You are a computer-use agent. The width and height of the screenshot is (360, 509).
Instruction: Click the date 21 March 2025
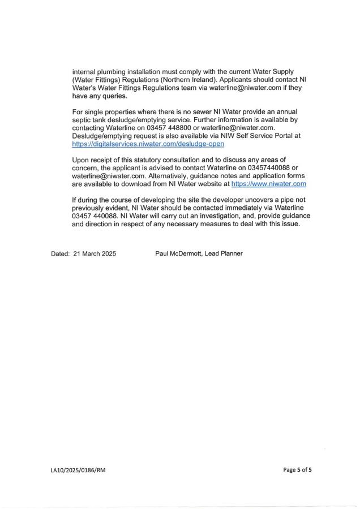(x=95, y=254)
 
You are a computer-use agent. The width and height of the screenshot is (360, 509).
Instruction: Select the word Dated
(x=60, y=254)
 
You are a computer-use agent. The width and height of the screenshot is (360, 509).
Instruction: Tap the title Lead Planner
(x=225, y=254)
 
